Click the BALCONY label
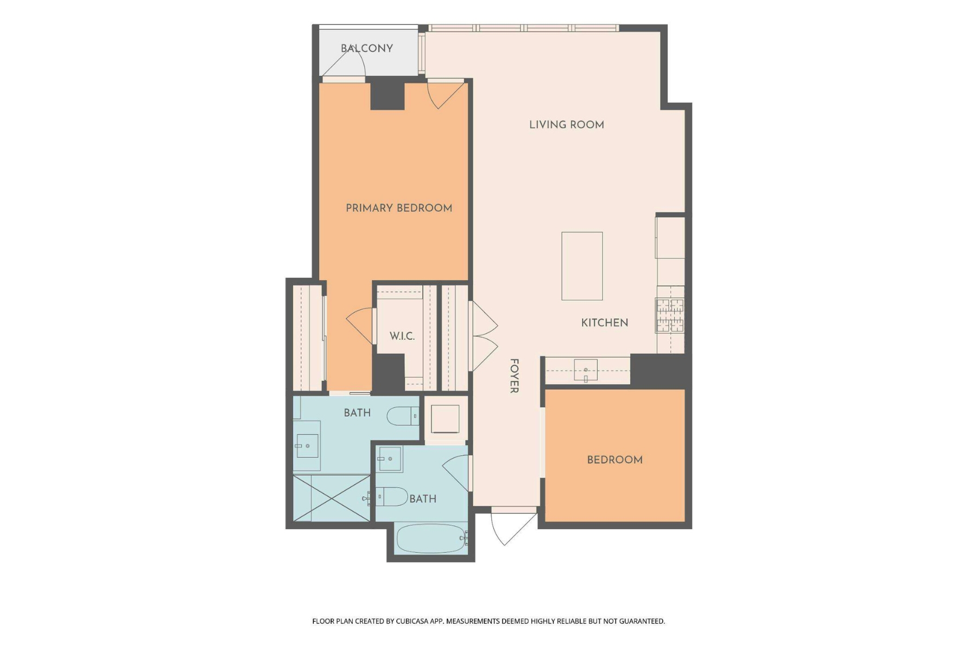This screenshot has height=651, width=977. click(366, 48)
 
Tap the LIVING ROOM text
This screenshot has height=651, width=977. click(566, 125)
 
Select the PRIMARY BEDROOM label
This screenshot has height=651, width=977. click(399, 208)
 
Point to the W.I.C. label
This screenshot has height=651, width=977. click(402, 336)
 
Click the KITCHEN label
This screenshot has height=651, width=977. click(604, 323)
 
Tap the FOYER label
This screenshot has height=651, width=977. click(514, 375)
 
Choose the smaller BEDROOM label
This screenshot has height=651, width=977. click(614, 460)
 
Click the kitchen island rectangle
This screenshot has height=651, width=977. click(582, 266)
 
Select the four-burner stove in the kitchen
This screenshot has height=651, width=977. click(670, 315)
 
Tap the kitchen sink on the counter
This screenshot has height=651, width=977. click(586, 370)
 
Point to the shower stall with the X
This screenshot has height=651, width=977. click(331, 498)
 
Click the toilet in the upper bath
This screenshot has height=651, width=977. click(402, 416)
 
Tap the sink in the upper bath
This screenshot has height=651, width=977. click(307, 446)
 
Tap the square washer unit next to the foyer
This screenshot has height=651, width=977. click(445, 419)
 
